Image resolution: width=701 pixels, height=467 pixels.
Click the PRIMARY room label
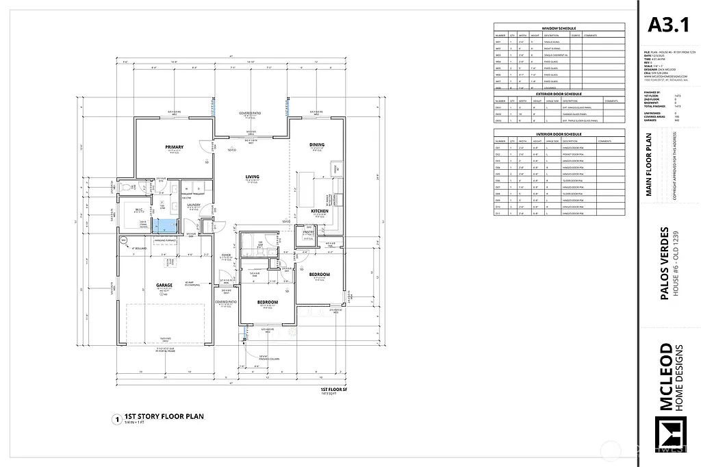[x=174, y=147]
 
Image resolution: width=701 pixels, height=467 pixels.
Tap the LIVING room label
[x=253, y=177]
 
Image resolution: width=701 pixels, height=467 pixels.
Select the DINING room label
[x=316, y=144]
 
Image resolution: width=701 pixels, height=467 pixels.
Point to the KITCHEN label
[x=320, y=211]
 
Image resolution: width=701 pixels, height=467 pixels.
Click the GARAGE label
[x=163, y=285]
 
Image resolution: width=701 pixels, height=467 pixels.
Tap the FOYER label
[x=226, y=254]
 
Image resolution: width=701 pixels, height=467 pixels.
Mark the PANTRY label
[x=309, y=232]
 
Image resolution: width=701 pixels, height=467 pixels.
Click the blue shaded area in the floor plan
[x=164, y=225]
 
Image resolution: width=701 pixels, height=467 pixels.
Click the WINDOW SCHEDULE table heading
[x=559, y=28]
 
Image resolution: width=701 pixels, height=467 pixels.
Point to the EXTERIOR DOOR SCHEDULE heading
[x=559, y=94]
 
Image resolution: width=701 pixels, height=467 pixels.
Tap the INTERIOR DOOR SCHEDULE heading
[x=559, y=134]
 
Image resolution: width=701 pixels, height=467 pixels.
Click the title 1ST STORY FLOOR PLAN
[x=163, y=416]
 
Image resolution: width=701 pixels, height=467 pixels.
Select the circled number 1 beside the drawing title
[x=118, y=418]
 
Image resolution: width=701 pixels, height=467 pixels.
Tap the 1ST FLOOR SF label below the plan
[x=333, y=390]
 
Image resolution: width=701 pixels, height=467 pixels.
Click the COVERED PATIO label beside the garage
[x=226, y=301]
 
